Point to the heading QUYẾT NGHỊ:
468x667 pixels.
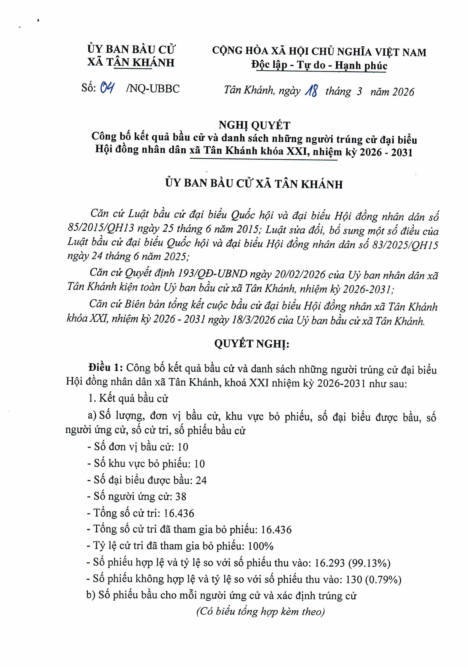click(252, 344)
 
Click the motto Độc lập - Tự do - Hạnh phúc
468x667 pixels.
click(319, 65)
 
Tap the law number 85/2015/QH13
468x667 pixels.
click(101, 228)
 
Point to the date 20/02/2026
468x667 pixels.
click(300, 274)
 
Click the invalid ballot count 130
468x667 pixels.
click(354, 580)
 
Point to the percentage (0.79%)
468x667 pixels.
click(383, 580)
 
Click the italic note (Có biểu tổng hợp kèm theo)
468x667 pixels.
click(260, 611)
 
